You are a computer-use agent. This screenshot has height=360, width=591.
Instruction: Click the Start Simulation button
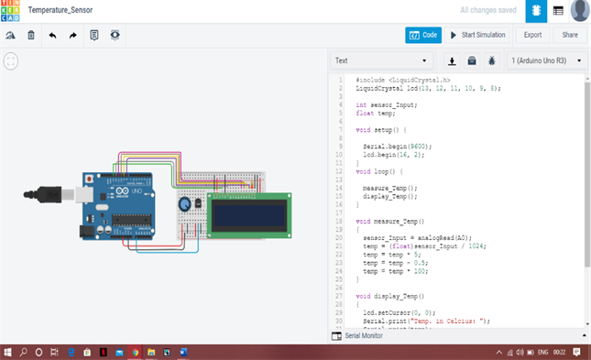(x=476, y=35)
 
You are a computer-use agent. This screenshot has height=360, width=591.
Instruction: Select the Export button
(x=532, y=35)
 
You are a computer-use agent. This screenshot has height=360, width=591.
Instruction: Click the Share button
(x=570, y=35)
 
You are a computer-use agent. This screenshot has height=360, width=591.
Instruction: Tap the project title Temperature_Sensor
(x=60, y=9)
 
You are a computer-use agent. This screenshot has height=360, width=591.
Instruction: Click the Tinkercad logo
(x=9, y=10)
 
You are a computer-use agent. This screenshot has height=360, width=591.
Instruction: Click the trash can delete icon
(x=31, y=35)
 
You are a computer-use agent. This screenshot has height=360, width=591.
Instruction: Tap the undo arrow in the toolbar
(x=52, y=35)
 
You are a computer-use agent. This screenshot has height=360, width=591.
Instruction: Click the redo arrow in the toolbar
(x=73, y=35)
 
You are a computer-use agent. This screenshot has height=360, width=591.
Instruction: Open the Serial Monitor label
(x=365, y=336)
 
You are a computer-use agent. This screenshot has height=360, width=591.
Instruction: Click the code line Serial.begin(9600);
(x=397, y=146)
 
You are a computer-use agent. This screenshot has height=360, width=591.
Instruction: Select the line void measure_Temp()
(x=389, y=221)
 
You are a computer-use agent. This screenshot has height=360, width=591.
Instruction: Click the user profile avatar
(x=579, y=10)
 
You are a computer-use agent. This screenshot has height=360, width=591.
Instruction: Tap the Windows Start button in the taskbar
(x=7, y=352)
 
